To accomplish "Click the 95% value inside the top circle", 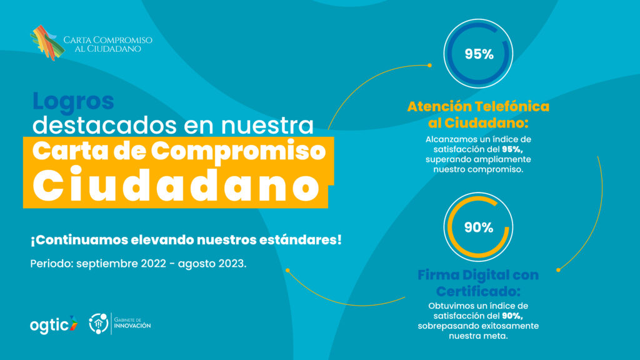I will pos(479,54).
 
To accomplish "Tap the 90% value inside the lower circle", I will pos(479,227).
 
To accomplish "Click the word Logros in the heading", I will pos(72,101).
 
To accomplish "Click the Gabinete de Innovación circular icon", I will pos(99,323).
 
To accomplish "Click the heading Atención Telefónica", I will pos(478,106).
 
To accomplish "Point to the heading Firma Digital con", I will pos(478,275).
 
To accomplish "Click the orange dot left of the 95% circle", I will pos(429,64).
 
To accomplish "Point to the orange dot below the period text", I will pos(287,271).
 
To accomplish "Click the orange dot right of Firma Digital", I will pos(558,270).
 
